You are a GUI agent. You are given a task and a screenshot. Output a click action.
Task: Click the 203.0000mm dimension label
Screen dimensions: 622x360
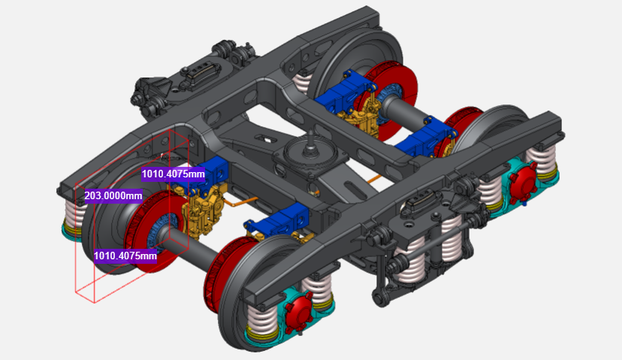point(113,195)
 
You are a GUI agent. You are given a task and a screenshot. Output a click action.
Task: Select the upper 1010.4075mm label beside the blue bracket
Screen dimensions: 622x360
point(174,174)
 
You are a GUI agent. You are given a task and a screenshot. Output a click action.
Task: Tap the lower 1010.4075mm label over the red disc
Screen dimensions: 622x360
point(125,256)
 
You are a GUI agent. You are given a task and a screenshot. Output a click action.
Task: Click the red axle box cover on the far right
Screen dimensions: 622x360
point(524,183)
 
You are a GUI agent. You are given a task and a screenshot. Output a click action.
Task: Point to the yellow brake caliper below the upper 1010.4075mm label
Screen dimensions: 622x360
point(201,210)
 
